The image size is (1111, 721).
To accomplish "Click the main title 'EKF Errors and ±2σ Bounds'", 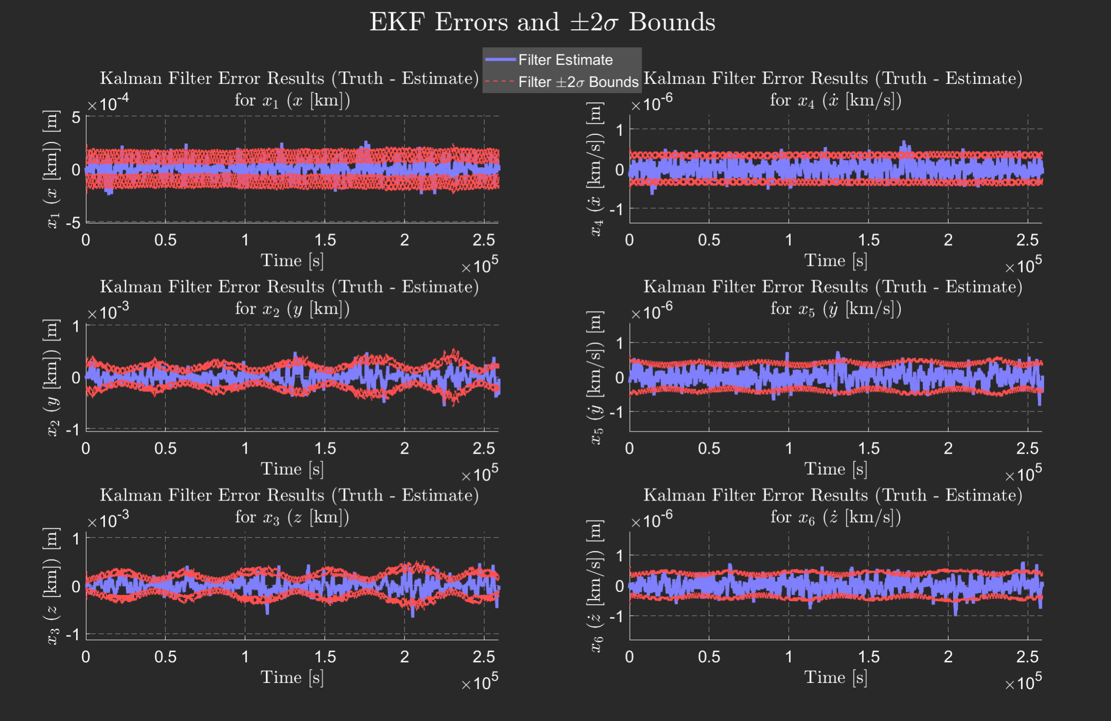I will tap(542, 23).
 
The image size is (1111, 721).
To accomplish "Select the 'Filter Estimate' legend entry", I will tap(565, 60).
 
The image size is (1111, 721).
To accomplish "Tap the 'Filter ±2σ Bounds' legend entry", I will tap(578, 82).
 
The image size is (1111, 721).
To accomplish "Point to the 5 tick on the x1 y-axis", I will tap(76, 118).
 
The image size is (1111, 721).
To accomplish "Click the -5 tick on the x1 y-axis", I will tap(74, 223).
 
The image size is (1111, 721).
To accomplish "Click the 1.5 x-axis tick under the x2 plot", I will tap(325, 448).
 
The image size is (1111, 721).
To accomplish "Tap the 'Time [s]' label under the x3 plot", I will tap(292, 677).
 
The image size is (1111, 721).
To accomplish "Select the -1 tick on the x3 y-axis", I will tap(74, 635).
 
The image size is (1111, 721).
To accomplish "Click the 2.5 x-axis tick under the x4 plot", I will tap(1027, 240).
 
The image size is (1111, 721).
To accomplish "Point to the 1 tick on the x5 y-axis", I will tap(620, 343).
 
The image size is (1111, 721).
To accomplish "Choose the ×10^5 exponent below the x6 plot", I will tap(1023, 682).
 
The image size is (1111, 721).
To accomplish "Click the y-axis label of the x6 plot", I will tap(595, 586).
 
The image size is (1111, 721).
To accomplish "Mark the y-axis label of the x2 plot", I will tap(52, 377).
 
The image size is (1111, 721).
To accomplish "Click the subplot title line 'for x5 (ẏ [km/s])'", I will tap(835, 309).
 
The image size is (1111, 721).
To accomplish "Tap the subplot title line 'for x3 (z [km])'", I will tap(292, 517).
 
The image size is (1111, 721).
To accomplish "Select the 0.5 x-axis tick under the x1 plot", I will tap(166, 240).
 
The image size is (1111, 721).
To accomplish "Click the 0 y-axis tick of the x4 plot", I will tap(620, 170).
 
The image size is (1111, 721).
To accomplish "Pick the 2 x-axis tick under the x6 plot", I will tap(948, 657).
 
